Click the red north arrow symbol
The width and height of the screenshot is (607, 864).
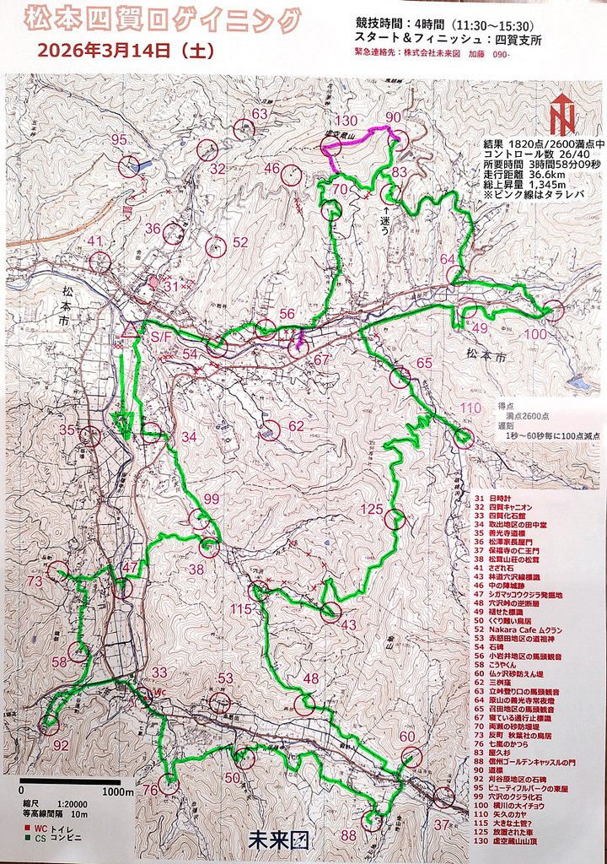click(561, 116)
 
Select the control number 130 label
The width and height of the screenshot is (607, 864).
click(346, 121)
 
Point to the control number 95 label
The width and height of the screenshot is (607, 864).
click(119, 140)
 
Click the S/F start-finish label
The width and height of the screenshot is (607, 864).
click(161, 337)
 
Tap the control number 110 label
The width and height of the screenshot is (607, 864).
click(470, 408)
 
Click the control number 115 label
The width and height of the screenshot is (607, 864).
click(242, 609)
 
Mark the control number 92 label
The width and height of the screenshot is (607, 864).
click(61, 745)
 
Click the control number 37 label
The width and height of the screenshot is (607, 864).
click(442, 824)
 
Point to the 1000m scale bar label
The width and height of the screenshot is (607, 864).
click(117, 792)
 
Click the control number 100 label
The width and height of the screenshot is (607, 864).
click(535, 335)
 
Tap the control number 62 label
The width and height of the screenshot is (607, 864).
click(296, 426)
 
